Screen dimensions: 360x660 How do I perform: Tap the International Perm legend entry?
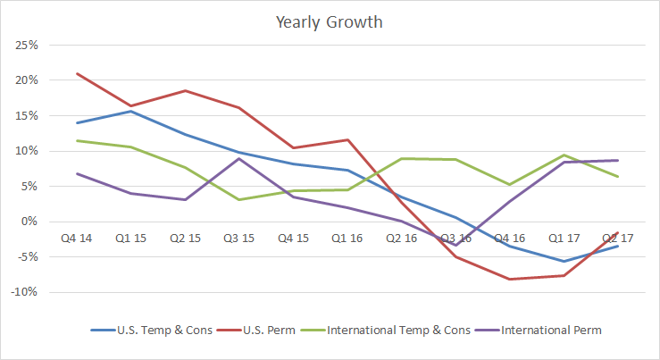[551, 331]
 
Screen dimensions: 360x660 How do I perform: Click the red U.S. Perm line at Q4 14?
[76, 73]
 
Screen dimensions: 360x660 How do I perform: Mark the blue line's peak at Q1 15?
[130, 111]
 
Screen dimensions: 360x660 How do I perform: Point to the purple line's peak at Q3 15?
[238, 158]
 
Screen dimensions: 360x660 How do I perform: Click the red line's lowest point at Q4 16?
[508, 280]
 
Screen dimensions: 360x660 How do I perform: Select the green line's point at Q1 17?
[563, 155]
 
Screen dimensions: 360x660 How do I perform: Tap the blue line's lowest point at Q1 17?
[563, 262]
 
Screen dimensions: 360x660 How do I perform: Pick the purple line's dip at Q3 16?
[455, 245]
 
